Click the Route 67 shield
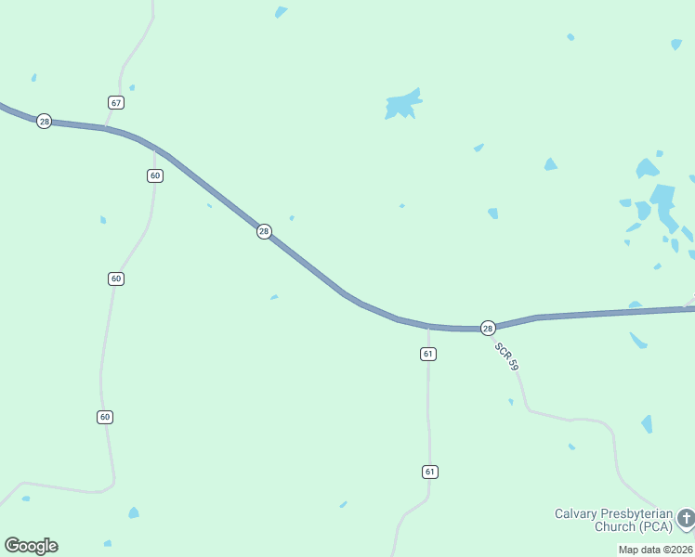tap(115, 102)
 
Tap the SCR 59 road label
tap(505, 357)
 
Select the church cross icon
tap(686, 518)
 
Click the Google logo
tap(31, 546)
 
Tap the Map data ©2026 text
tap(656, 550)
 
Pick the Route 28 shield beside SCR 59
tap(488, 328)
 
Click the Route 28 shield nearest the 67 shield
tap(44, 122)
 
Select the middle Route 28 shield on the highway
tap(264, 231)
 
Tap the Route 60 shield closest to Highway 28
tap(155, 175)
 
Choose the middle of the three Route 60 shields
tap(115, 278)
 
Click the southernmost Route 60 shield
tap(105, 417)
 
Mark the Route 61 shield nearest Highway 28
tap(428, 354)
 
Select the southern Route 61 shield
tap(429, 472)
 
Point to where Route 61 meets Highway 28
tap(428, 327)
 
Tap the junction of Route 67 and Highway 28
tap(106, 128)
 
